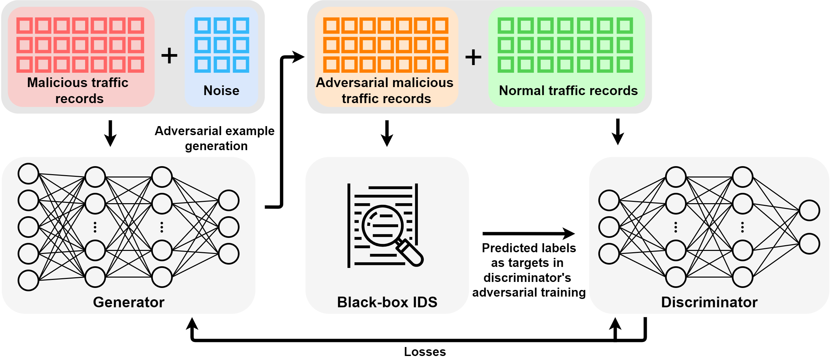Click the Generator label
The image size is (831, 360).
(x=128, y=302)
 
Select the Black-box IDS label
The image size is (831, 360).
(x=387, y=302)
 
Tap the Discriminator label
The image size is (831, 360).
(x=709, y=302)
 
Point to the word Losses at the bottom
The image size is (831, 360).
(x=425, y=352)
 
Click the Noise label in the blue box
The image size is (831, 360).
(x=221, y=90)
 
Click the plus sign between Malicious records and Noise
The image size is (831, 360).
(x=169, y=55)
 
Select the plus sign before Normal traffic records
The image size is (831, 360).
(x=473, y=57)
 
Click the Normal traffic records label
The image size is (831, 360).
(x=568, y=90)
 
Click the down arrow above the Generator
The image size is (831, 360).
(x=110, y=133)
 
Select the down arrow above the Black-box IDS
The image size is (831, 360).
(x=387, y=133)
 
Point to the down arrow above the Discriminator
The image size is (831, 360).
(x=618, y=132)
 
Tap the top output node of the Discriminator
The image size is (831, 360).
(x=809, y=210)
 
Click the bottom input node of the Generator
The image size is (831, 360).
(x=28, y=280)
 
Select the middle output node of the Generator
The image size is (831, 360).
(x=229, y=227)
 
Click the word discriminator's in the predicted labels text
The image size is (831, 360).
(x=527, y=278)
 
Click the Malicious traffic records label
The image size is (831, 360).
(x=78, y=90)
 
